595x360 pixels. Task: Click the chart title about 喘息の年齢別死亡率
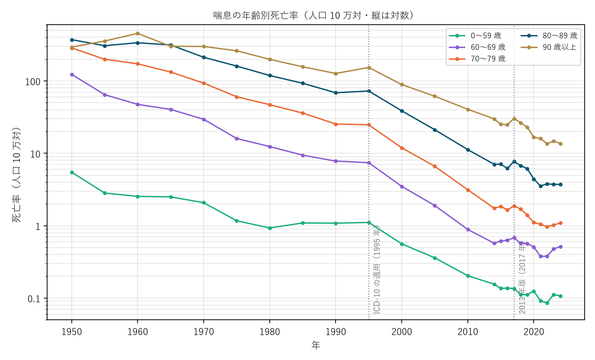[313, 16]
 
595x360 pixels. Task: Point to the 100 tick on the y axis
[33, 82]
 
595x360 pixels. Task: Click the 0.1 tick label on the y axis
[34, 299]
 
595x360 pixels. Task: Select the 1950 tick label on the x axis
[72, 332]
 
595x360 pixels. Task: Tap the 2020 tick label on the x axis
[534, 332]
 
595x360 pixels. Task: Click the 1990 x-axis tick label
[336, 332]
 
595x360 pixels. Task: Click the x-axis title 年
[316, 345]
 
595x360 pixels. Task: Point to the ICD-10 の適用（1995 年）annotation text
[377, 270]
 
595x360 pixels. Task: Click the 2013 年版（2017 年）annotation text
[522, 278]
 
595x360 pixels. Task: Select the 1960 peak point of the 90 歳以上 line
[138, 33]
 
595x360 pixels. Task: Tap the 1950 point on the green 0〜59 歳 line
[72, 173]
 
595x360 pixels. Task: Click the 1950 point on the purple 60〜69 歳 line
[72, 75]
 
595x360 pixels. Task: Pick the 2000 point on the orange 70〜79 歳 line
[402, 148]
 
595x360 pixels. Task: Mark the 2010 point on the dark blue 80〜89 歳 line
[468, 150]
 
